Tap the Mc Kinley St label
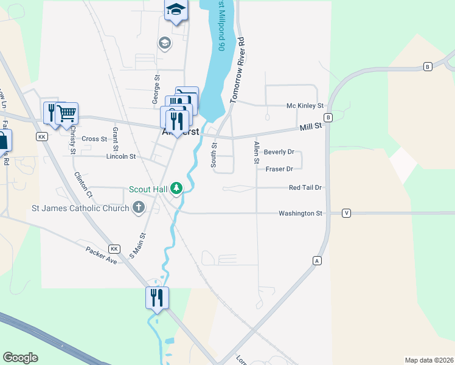point(305,106)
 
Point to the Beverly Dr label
point(279,152)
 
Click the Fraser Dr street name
point(279,169)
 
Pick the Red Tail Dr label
point(305,188)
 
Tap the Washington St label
point(300,214)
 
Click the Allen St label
point(257,152)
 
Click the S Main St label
point(138,245)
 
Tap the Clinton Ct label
point(83,185)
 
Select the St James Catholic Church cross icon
point(139,208)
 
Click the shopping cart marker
point(67,113)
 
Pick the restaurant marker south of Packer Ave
point(157,297)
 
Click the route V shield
point(346,213)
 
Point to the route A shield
point(316,260)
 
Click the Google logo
point(20,358)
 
